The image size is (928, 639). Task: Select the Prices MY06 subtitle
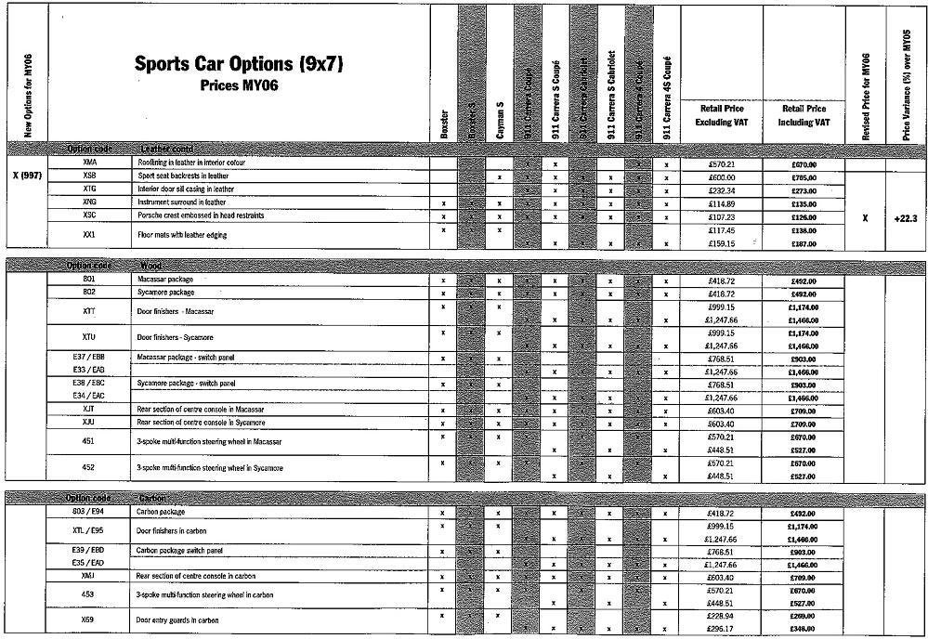(239, 85)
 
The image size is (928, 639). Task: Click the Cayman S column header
(499, 121)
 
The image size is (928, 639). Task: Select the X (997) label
(26, 175)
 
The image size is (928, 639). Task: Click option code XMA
(89, 163)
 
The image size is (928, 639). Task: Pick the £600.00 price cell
(721, 176)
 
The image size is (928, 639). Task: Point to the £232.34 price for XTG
(721, 189)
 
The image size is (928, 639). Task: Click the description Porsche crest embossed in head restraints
(201, 215)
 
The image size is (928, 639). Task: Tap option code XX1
(89, 235)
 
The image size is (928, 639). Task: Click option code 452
(89, 467)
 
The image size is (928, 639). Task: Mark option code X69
(89, 619)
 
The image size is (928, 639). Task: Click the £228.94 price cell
(721, 614)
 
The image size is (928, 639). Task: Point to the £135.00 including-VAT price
(804, 202)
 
